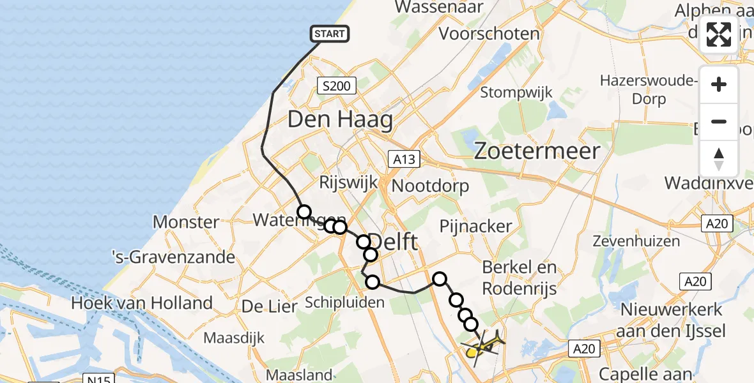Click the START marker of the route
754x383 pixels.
[330, 34]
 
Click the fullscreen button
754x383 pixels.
[719, 34]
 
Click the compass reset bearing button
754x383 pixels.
[719, 159]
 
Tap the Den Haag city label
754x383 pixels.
[340, 119]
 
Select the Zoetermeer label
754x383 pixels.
[537, 151]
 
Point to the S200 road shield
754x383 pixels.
[336, 86]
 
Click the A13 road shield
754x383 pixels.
[404, 159]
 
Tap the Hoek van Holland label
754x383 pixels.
[142, 303]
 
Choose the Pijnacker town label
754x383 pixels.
[476, 226]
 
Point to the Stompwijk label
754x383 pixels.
[516, 92]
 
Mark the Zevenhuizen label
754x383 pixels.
[636, 241]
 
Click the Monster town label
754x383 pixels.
[186, 223]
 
